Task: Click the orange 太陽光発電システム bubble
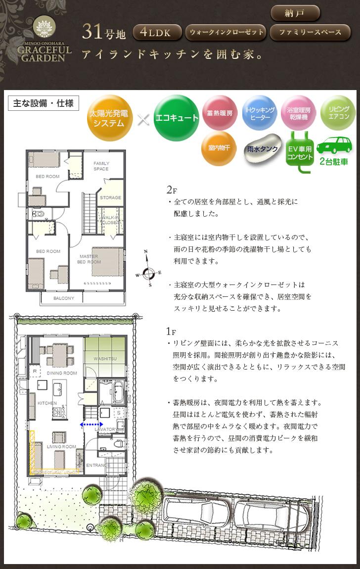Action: (x=110, y=118)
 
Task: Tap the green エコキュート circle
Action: (x=176, y=118)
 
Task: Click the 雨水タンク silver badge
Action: (x=262, y=148)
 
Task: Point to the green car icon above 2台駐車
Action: (x=335, y=145)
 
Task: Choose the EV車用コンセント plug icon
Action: (x=300, y=151)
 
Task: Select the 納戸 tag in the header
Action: (x=295, y=13)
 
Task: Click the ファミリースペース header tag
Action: (x=310, y=33)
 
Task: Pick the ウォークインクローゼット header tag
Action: (x=225, y=33)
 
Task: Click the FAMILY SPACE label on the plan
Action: (x=101, y=166)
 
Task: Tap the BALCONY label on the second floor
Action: (x=64, y=298)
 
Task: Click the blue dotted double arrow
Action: (x=91, y=425)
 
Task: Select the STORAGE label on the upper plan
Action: (x=110, y=197)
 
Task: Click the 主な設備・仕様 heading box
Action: (x=44, y=103)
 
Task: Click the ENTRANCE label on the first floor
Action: (x=98, y=465)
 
